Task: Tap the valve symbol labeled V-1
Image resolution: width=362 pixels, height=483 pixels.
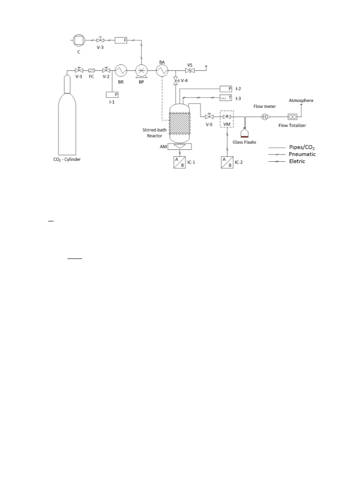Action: click(79, 70)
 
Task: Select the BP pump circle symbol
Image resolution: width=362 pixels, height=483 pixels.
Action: click(142, 71)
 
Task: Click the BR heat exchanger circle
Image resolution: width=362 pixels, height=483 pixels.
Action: click(121, 70)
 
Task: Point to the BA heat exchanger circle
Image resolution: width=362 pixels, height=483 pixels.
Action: click(162, 71)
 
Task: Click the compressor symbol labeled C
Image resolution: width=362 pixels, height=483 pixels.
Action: click(79, 40)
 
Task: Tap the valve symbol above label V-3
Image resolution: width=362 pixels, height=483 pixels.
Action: click(100, 40)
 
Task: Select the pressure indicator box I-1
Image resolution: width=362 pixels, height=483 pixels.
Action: click(112, 95)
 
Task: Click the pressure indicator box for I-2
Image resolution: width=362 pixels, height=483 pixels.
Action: click(226, 89)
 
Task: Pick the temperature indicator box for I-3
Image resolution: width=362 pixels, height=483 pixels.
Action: click(226, 98)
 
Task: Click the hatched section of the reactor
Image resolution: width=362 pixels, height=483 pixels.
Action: click(180, 123)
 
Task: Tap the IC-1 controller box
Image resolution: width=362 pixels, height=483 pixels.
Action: click(179, 162)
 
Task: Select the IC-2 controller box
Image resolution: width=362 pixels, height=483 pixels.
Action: click(227, 162)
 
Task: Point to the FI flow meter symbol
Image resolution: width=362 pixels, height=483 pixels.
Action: click(265, 117)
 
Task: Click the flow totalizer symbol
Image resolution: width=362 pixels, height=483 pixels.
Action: click(292, 117)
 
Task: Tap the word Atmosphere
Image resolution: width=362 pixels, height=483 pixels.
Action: click(301, 101)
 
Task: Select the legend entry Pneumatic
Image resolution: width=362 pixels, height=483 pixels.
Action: click(302, 154)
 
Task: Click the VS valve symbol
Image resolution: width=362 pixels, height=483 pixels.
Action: click(190, 70)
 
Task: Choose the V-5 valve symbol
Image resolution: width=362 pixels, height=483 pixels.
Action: click(210, 117)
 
